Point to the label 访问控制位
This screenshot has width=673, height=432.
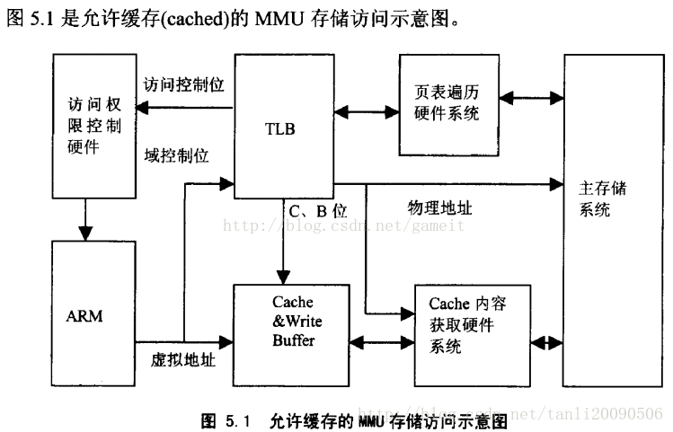pyautogui.click(x=183, y=84)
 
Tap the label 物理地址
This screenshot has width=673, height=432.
pyautogui.click(x=439, y=207)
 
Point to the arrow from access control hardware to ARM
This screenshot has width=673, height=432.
pyautogui.click(x=86, y=218)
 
